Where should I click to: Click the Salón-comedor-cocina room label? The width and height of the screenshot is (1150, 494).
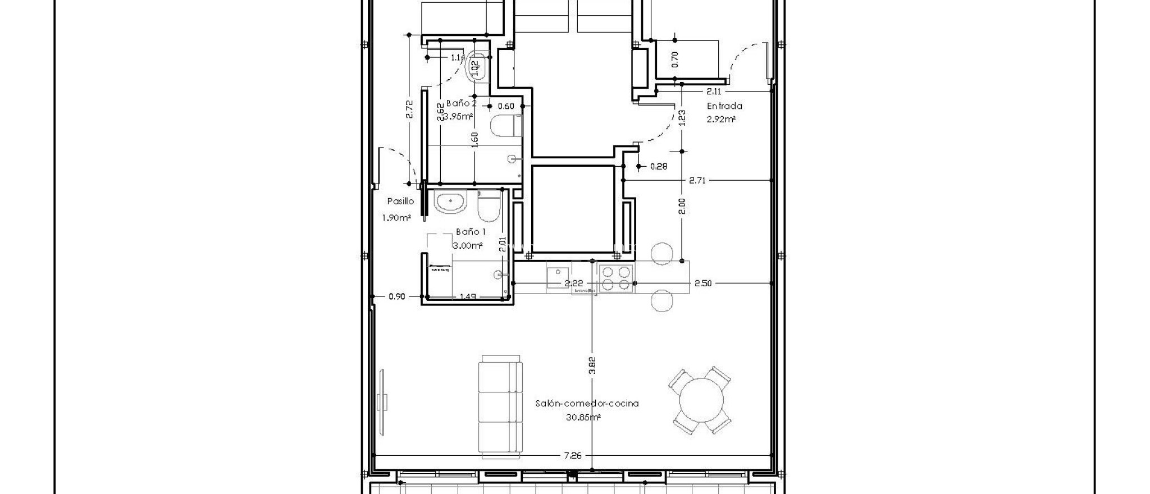pos(587,403)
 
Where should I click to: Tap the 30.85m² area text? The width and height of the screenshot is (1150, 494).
pos(584,417)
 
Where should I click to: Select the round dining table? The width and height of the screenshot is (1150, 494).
pos(701,401)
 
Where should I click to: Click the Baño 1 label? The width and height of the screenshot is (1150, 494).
pos(471,231)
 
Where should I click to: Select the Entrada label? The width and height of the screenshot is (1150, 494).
pos(724,106)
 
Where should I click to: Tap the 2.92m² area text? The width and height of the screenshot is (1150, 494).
pos(722,119)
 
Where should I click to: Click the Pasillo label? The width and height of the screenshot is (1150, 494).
pos(400,201)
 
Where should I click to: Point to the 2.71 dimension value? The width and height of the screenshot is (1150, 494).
pos(697,180)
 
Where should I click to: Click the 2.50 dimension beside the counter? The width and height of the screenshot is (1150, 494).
pos(703,283)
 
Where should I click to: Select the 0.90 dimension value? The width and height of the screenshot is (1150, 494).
pos(396,296)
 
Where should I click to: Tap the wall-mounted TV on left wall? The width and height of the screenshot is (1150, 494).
pos(382,401)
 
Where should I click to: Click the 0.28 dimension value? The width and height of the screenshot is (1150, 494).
pos(659,166)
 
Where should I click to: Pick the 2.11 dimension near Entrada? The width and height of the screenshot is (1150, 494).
pos(714,91)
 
